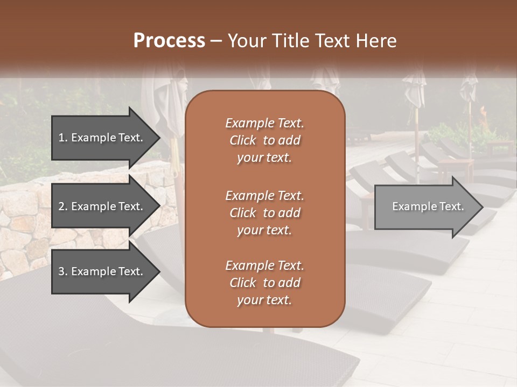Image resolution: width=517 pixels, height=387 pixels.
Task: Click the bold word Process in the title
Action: [169, 41]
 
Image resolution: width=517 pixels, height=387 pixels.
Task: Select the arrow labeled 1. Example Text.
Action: [101, 138]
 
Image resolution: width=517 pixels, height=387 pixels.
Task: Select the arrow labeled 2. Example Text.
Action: [101, 206]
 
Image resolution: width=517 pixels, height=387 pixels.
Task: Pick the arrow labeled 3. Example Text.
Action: [101, 271]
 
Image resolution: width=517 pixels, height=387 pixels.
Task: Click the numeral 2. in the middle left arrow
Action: [63, 206]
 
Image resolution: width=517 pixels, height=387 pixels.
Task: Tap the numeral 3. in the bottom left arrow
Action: [63, 271]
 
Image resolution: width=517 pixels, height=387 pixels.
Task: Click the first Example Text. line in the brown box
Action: [264, 123]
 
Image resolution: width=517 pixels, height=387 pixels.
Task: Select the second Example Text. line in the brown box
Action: [264, 196]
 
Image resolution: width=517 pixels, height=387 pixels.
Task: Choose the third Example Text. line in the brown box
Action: [264, 266]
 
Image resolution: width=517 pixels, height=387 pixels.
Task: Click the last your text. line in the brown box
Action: [264, 300]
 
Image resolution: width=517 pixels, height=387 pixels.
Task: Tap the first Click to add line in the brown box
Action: [264, 140]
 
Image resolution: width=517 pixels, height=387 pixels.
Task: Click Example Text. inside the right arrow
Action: [428, 206]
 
